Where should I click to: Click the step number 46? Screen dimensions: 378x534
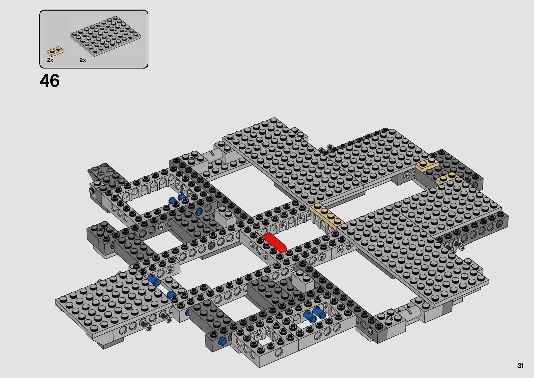coord(50,81)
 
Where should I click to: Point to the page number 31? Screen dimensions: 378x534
coord(520,366)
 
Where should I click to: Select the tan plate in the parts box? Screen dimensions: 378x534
coord(56,51)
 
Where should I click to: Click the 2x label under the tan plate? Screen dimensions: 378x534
coord(50,60)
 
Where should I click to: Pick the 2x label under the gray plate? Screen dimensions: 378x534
coord(83,60)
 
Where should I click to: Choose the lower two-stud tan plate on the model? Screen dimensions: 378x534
coord(446,178)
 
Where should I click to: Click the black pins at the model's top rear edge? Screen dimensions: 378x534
coord(325,149)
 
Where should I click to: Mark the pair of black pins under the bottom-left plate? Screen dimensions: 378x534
coord(156,319)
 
